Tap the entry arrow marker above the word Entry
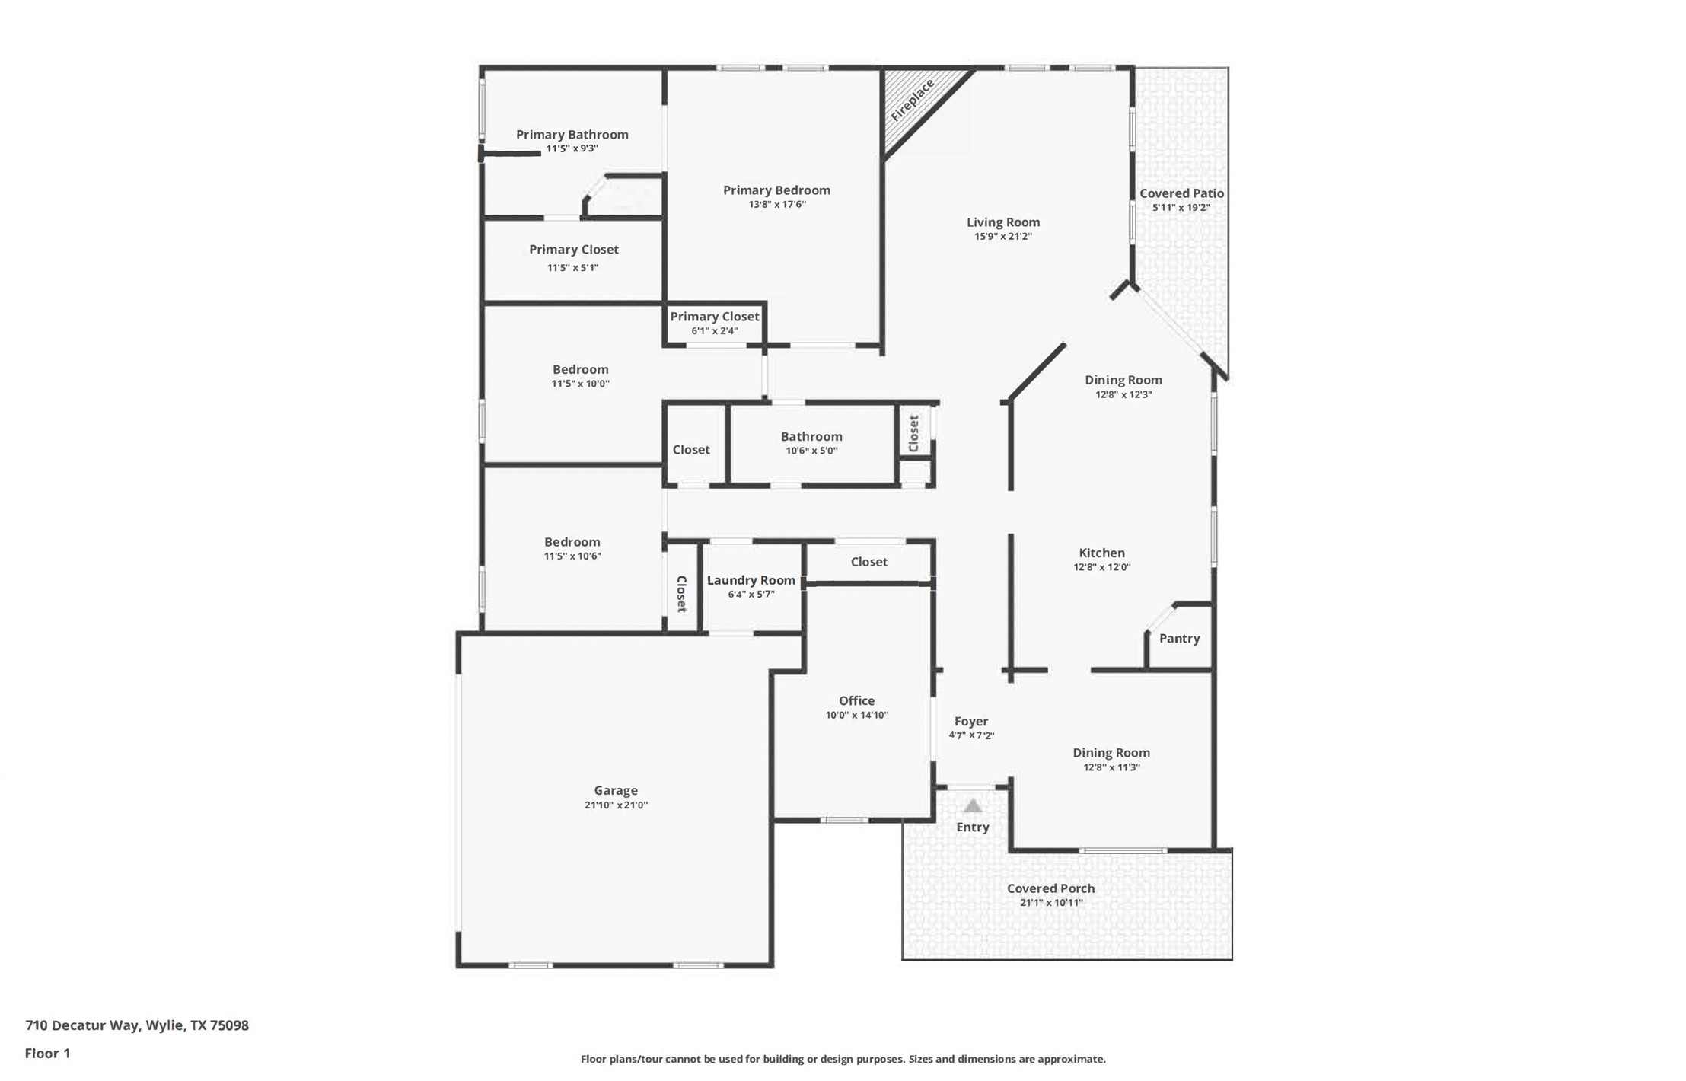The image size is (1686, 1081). [973, 805]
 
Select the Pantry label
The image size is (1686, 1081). [1179, 639]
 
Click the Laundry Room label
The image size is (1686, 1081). [751, 580]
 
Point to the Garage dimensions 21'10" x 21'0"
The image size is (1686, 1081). [616, 805]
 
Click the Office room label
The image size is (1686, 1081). [856, 700]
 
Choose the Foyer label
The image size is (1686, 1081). [971, 721]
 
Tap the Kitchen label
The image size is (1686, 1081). [1101, 553]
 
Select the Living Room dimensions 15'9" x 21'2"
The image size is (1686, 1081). [1003, 237]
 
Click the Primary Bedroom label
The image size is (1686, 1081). [776, 190]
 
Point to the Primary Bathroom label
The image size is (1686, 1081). [572, 135]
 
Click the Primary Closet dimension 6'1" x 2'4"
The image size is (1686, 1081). [714, 331]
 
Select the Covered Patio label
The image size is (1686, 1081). [1181, 193]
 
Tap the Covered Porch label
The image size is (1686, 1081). [1050, 888]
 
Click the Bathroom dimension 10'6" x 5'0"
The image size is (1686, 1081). [811, 451]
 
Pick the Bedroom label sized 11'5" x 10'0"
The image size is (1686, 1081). [580, 369]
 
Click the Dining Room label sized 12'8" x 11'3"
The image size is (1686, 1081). [1111, 753]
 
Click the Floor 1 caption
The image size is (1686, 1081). [47, 1054]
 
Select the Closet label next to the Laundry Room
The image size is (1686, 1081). [682, 594]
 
